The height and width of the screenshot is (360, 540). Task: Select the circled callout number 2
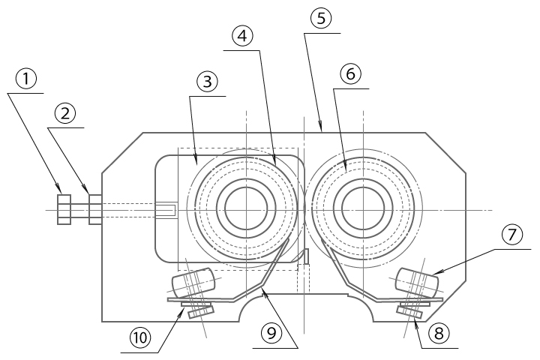click(x=65, y=113)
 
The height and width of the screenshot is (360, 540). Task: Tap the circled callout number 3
click(x=206, y=81)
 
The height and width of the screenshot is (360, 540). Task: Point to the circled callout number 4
click(x=241, y=35)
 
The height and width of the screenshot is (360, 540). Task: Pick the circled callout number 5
click(x=321, y=19)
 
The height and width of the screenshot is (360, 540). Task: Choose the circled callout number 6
click(x=350, y=73)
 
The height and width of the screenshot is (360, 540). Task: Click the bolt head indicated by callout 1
click(x=64, y=210)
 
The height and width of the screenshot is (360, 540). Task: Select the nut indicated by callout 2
click(x=95, y=210)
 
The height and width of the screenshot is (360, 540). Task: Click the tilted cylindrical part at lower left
click(x=194, y=284)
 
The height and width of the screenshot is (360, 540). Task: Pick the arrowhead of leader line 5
click(x=322, y=131)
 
